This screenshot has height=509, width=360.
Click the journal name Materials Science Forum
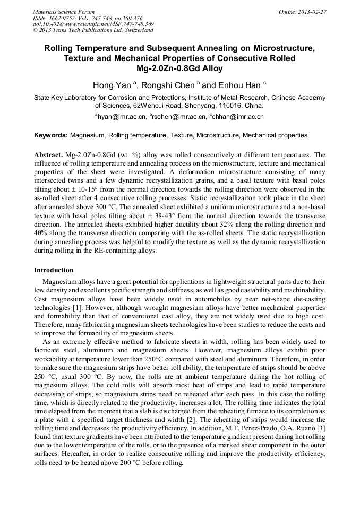pyautogui.click(x=64, y=12)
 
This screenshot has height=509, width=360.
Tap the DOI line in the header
pyautogui.click(x=93, y=24)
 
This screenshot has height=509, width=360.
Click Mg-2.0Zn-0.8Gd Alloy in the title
pyautogui.click(x=179, y=68)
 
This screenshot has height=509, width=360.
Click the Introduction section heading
pyautogui.click(x=54, y=270)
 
